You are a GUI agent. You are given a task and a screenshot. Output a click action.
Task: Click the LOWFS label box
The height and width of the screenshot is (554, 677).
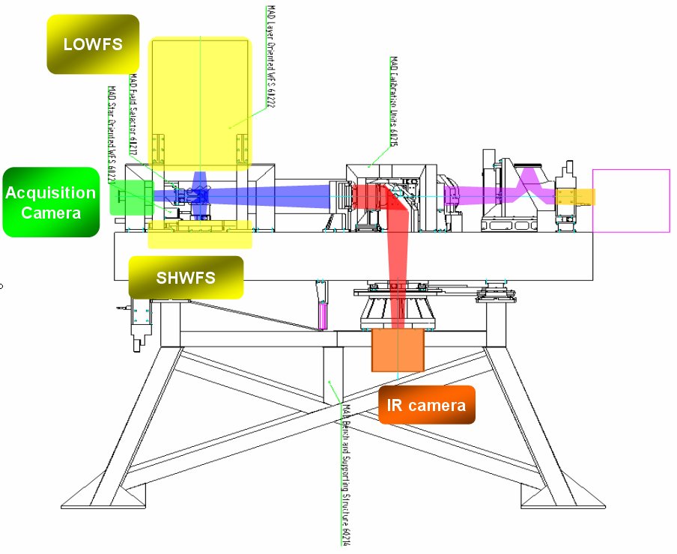tap(93, 44)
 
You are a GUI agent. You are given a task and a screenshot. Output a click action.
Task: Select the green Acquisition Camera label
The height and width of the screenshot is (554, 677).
tap(51, 202)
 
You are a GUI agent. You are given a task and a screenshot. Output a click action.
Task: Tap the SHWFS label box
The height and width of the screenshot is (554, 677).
tap(186, 278)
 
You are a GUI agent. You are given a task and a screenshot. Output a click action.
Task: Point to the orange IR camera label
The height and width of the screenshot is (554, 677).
tap(426, 405)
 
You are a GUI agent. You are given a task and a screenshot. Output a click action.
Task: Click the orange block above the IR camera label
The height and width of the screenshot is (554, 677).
tap(398, 350)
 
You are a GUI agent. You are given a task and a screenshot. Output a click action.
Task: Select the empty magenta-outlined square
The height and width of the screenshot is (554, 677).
tap(631, 201)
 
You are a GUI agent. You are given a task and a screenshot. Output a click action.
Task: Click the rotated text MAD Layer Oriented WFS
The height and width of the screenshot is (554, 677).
tap(270, 57)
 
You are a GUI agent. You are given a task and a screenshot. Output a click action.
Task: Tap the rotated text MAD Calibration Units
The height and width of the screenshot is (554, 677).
tap(393, 101)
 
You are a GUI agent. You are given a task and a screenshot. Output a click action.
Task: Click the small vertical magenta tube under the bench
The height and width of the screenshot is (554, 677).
tap(323, 315)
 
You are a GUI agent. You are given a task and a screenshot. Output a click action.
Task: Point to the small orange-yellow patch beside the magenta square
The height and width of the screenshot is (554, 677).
tap(575, 197)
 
